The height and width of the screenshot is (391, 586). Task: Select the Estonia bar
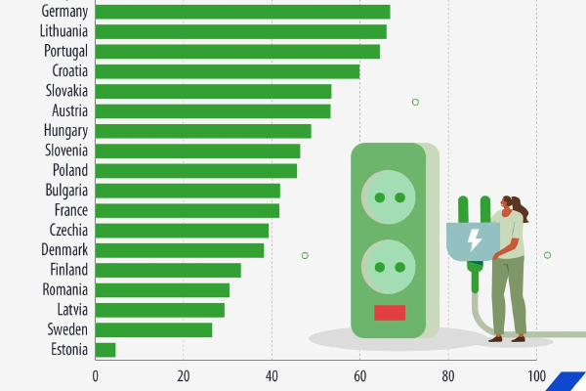tap(105, 349)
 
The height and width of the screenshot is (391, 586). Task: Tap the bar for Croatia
tap(228, 71)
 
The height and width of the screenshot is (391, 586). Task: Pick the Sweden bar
tap(153, 329)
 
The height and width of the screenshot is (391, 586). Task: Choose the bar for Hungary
tap(203, 131)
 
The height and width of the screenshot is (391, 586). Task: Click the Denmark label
tap(64, 250)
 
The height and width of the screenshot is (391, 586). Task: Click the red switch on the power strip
tap(390, 313)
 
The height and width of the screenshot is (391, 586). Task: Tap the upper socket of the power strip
tap(389, 196)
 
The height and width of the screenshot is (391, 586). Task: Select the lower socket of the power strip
tap(389, 266)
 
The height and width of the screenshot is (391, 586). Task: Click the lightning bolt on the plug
tap(474, 238)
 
